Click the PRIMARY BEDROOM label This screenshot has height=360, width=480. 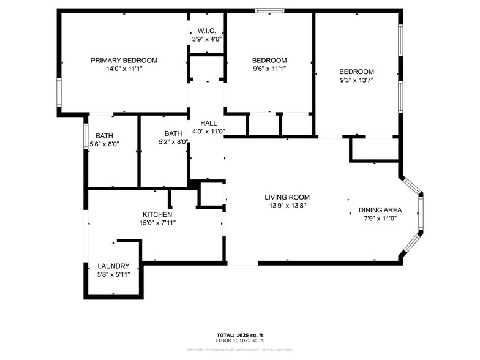point(124,61)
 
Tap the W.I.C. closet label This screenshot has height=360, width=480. point(206,31)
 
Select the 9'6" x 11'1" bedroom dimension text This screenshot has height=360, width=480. point(269,69)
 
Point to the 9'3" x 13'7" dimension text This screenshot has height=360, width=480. point(356,80)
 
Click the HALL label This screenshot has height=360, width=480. point(208,123)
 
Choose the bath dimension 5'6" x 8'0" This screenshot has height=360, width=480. point(104,144)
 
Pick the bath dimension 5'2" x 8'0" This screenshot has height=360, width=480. point(173,142)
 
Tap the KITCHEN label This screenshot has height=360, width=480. point(157,214)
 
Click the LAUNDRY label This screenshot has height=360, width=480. point(113,266)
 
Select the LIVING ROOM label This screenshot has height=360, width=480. point(287,197)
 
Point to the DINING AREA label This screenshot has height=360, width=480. point(380,210)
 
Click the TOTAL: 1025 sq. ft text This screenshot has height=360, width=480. point(239,335)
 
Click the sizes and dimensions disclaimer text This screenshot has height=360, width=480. point(239,350)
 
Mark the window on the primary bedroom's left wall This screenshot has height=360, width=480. point(59,93)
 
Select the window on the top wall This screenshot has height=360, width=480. point(269,10)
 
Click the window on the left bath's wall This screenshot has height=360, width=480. point(86,136)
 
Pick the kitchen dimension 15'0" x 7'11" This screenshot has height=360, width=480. point(157,222)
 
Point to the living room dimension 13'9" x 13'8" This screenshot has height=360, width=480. point(287,206)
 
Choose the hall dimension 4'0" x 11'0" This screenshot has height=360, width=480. point(208,131)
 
